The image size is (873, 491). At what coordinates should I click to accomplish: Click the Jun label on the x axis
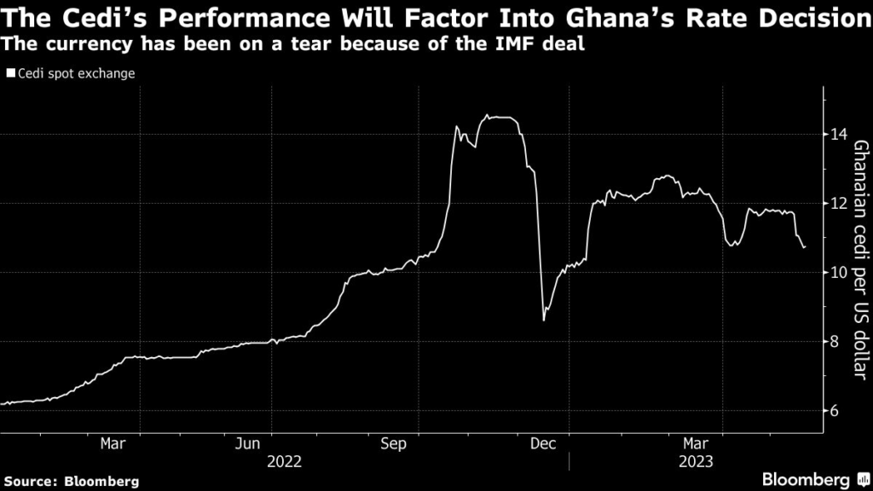coord(248,443)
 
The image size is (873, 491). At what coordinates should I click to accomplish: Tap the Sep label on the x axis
coord(395,443)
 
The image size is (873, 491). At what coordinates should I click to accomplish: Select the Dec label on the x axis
coord(543,443)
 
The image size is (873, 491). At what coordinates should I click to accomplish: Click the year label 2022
coord(284,461)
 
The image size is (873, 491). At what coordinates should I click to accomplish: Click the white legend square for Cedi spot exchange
coord(10,74)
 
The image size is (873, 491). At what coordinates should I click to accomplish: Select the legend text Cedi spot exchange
coord(76,74)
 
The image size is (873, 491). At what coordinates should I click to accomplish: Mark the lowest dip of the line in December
coord(544,320)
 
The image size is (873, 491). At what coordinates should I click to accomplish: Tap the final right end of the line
coord(805,247)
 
